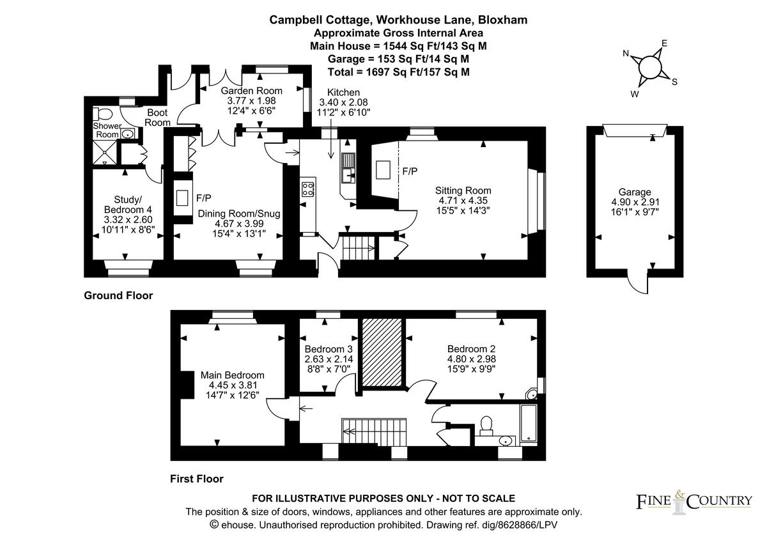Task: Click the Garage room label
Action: pyautogui.click(x=635, y=192)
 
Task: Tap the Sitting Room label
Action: pyautogui.click(x=463, y=190)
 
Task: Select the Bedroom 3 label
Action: pyautogui.click(x=329, y=349)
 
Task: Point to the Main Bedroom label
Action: pyautogui.click(x=232, y=375)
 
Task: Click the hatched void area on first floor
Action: pyautogui.click(x=382, y=352)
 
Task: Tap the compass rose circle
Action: pyautogui.click(x=649, y=66)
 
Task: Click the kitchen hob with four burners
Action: pyautogui.click(x=307, y=189)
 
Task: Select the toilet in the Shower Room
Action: pyautogui.click(x=102, y=114)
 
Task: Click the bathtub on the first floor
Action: pyautogui.click(x=529, y=424)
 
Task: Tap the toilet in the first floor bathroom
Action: pyautogui.click(x=486, y=424)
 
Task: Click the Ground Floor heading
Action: pyautogui.click(x=118, y=296)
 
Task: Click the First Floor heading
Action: pyautogui.click(x=197, y=479)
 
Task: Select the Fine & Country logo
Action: pyautogui.click(x=693, y=500)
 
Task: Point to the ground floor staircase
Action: pyautogui.click(x=359, y=247)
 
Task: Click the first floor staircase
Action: pyautogui.click(x=374, y=431)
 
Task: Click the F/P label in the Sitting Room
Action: pyautogui.click(x=410, y=172)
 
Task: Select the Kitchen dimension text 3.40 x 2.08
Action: pyautogui.click(x=343, y=102)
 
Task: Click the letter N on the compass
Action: pyautogui.click(x=627, y=54)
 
